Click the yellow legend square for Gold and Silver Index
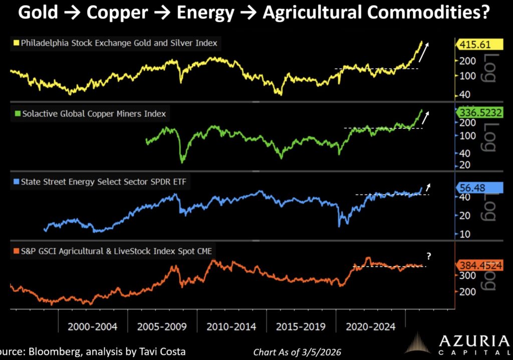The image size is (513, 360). coord(16,43)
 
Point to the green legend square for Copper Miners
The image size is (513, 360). coord(16,114)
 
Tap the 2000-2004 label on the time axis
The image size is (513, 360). coord(93,327)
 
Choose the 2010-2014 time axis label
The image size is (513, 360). coord(231,327)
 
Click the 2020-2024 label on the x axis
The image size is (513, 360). coord(370,327)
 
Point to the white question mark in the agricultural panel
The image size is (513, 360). coord(429,256)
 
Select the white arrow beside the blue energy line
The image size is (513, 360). coord(428,187)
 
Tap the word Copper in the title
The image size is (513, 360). coord(115,13)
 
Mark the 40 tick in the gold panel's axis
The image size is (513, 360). coord(462,94)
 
